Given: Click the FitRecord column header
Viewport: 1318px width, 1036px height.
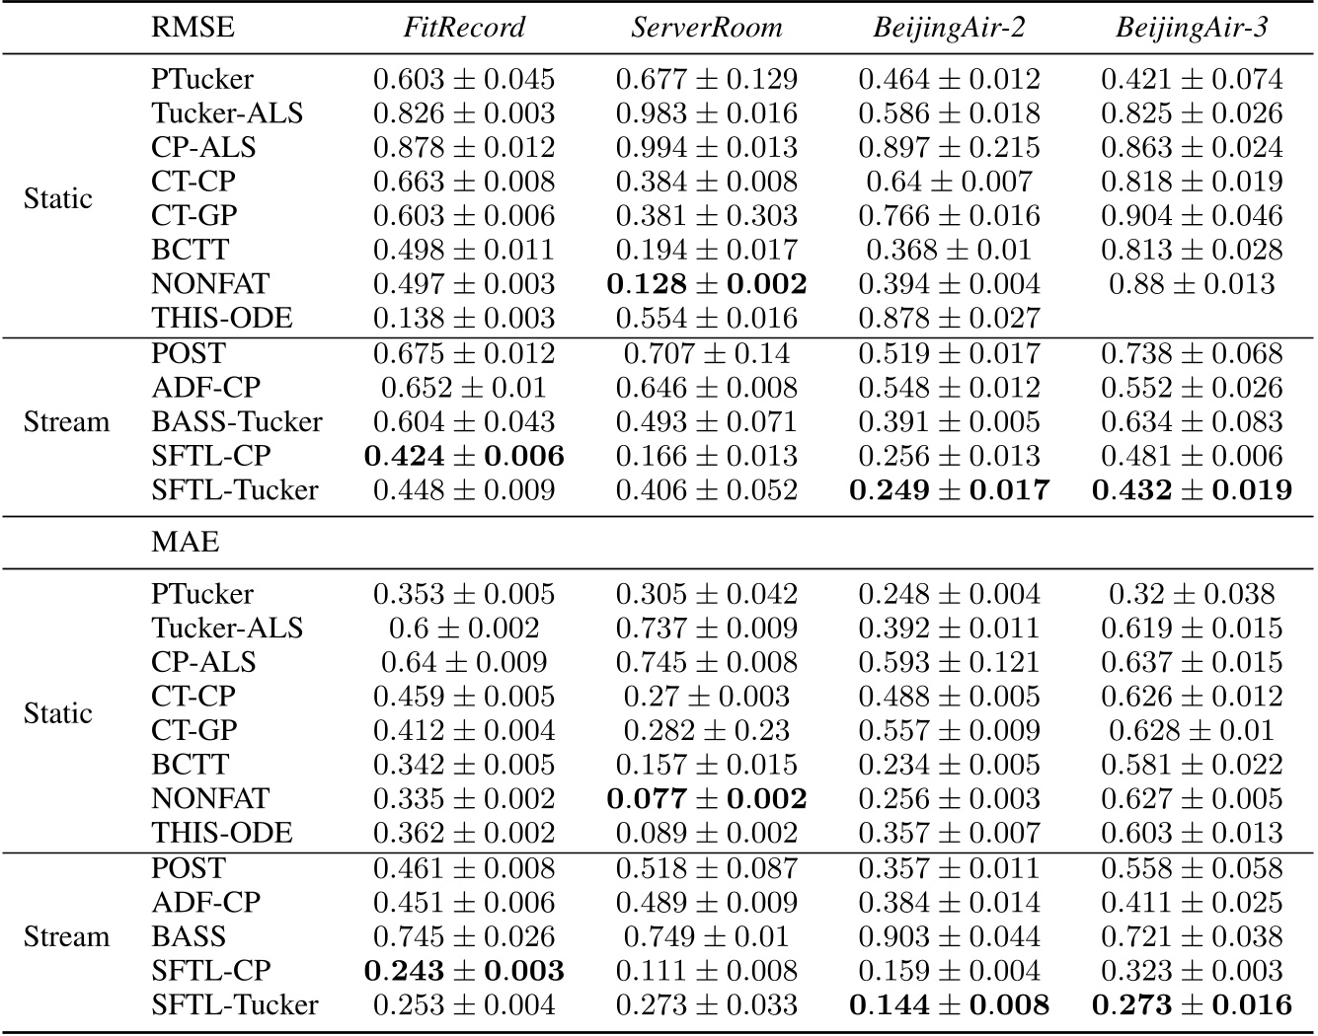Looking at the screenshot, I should [x=464, y=27].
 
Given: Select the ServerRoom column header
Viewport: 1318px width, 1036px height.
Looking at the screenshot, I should [x=706, y=27].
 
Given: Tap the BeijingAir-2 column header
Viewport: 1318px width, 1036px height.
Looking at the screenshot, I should [x=949, y=27].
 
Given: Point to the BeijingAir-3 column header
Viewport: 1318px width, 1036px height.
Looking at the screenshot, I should [x=1192, y=27].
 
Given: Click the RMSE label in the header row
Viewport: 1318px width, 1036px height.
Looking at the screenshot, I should [x=194, y=27].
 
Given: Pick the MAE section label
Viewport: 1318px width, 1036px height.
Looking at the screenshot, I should [x=186, y=542].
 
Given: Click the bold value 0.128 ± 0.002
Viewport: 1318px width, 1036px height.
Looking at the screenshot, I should [x=706, y=284].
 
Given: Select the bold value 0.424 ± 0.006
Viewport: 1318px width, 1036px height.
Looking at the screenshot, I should [x=464, y=456].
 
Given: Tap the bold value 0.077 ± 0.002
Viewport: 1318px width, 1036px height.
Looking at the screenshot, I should [x=706, y=799].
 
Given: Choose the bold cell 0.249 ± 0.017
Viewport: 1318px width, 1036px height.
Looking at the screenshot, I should [x=949, y=490].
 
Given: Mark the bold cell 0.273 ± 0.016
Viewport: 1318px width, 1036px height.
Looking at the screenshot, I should [x=1192, y=1005].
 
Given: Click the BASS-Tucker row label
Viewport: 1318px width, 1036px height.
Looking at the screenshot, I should [x=237, y=422].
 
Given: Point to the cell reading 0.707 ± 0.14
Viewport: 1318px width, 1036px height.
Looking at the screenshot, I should [x=706, y=353].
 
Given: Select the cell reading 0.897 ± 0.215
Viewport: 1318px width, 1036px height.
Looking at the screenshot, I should [x=949, y=147].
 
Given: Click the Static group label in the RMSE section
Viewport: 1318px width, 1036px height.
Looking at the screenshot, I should [x=58, y=199].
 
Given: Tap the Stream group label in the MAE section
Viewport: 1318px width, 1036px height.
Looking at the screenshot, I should [x=66, y=936].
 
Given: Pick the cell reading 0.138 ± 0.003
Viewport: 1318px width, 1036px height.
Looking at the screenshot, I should [x=464, y=319].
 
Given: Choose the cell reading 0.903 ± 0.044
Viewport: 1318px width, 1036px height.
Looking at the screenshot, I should [x=949, y=936].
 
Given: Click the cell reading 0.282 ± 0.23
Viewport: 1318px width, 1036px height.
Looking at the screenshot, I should [x=706, y=731].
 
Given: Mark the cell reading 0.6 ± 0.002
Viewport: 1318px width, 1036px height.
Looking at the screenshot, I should [x=464, y=629].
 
